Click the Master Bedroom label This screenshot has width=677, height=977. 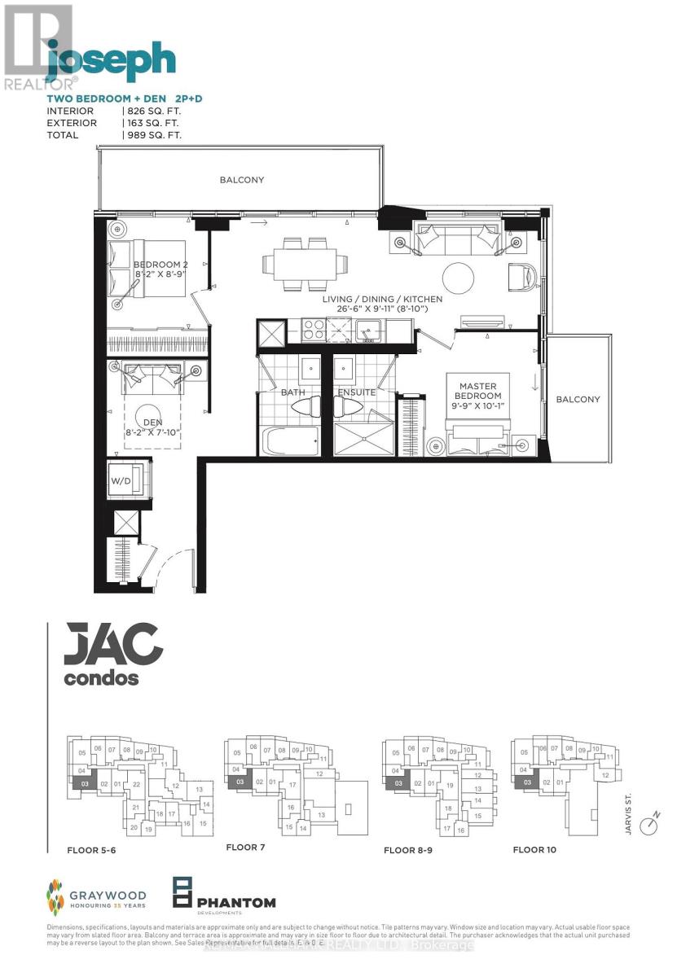click(x=477, y=391)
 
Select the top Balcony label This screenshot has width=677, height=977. click(x=241, y=180)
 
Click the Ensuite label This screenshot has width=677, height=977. click(x=357, y=392)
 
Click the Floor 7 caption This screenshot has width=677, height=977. click(x=245, y=848)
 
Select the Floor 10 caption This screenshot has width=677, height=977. click(x=534, y=850)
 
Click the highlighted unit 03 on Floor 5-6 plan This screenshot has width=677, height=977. click(x=84, y=783)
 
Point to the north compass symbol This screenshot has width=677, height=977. click(x=648, y=826)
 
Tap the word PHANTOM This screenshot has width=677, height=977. click(x=235, y=902)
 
